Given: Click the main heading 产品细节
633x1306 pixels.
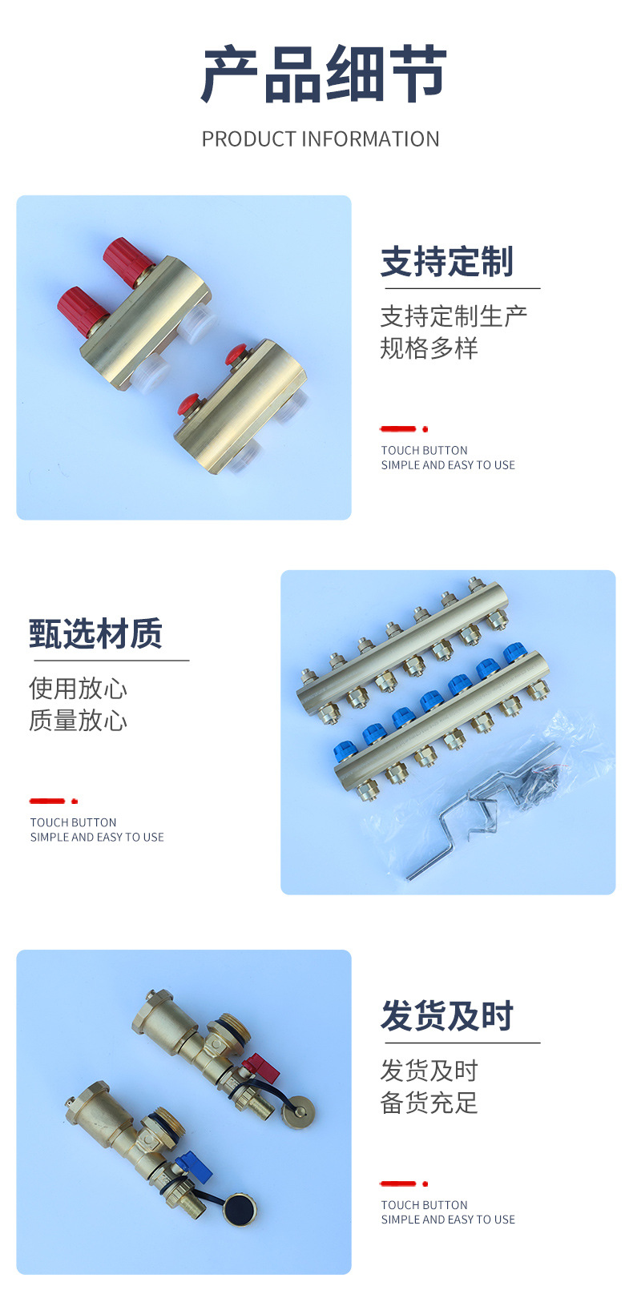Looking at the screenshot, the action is pyautogui.click(x=323, y=74).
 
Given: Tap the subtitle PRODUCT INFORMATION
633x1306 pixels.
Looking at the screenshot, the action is pyautogui.click(x=321, y=139).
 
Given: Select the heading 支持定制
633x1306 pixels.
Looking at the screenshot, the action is pyautogui.click(x=447, y=261).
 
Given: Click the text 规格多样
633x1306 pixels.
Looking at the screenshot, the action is pyautogui.click(x=429, y=348).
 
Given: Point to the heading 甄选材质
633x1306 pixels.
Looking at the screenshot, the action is pyautogui.click(x=95, y=633).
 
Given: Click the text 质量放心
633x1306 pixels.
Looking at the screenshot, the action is pyautogui.click(x=79, y=721).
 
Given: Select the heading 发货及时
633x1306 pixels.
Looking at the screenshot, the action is pyautogui.click(x=447, y=1015).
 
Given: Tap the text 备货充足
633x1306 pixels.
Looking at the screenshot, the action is pyautogui.click(x=429, y=1103).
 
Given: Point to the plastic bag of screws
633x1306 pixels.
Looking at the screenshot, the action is pyautogui.click(x=542, y=775).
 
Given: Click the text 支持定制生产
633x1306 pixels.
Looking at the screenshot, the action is pyautogui.click(x=454, y=316).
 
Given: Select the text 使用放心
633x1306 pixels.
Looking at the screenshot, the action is pyautogui.click(x=79, y=689).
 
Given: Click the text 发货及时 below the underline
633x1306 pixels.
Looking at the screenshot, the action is pyautogui.click(x=429, y=1071).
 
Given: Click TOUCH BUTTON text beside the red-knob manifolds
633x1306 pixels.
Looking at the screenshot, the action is pyautogui.click(x=424, y=450).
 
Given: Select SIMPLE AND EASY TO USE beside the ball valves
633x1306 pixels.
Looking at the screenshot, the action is pyautogui.click(x=448, y=1220).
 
